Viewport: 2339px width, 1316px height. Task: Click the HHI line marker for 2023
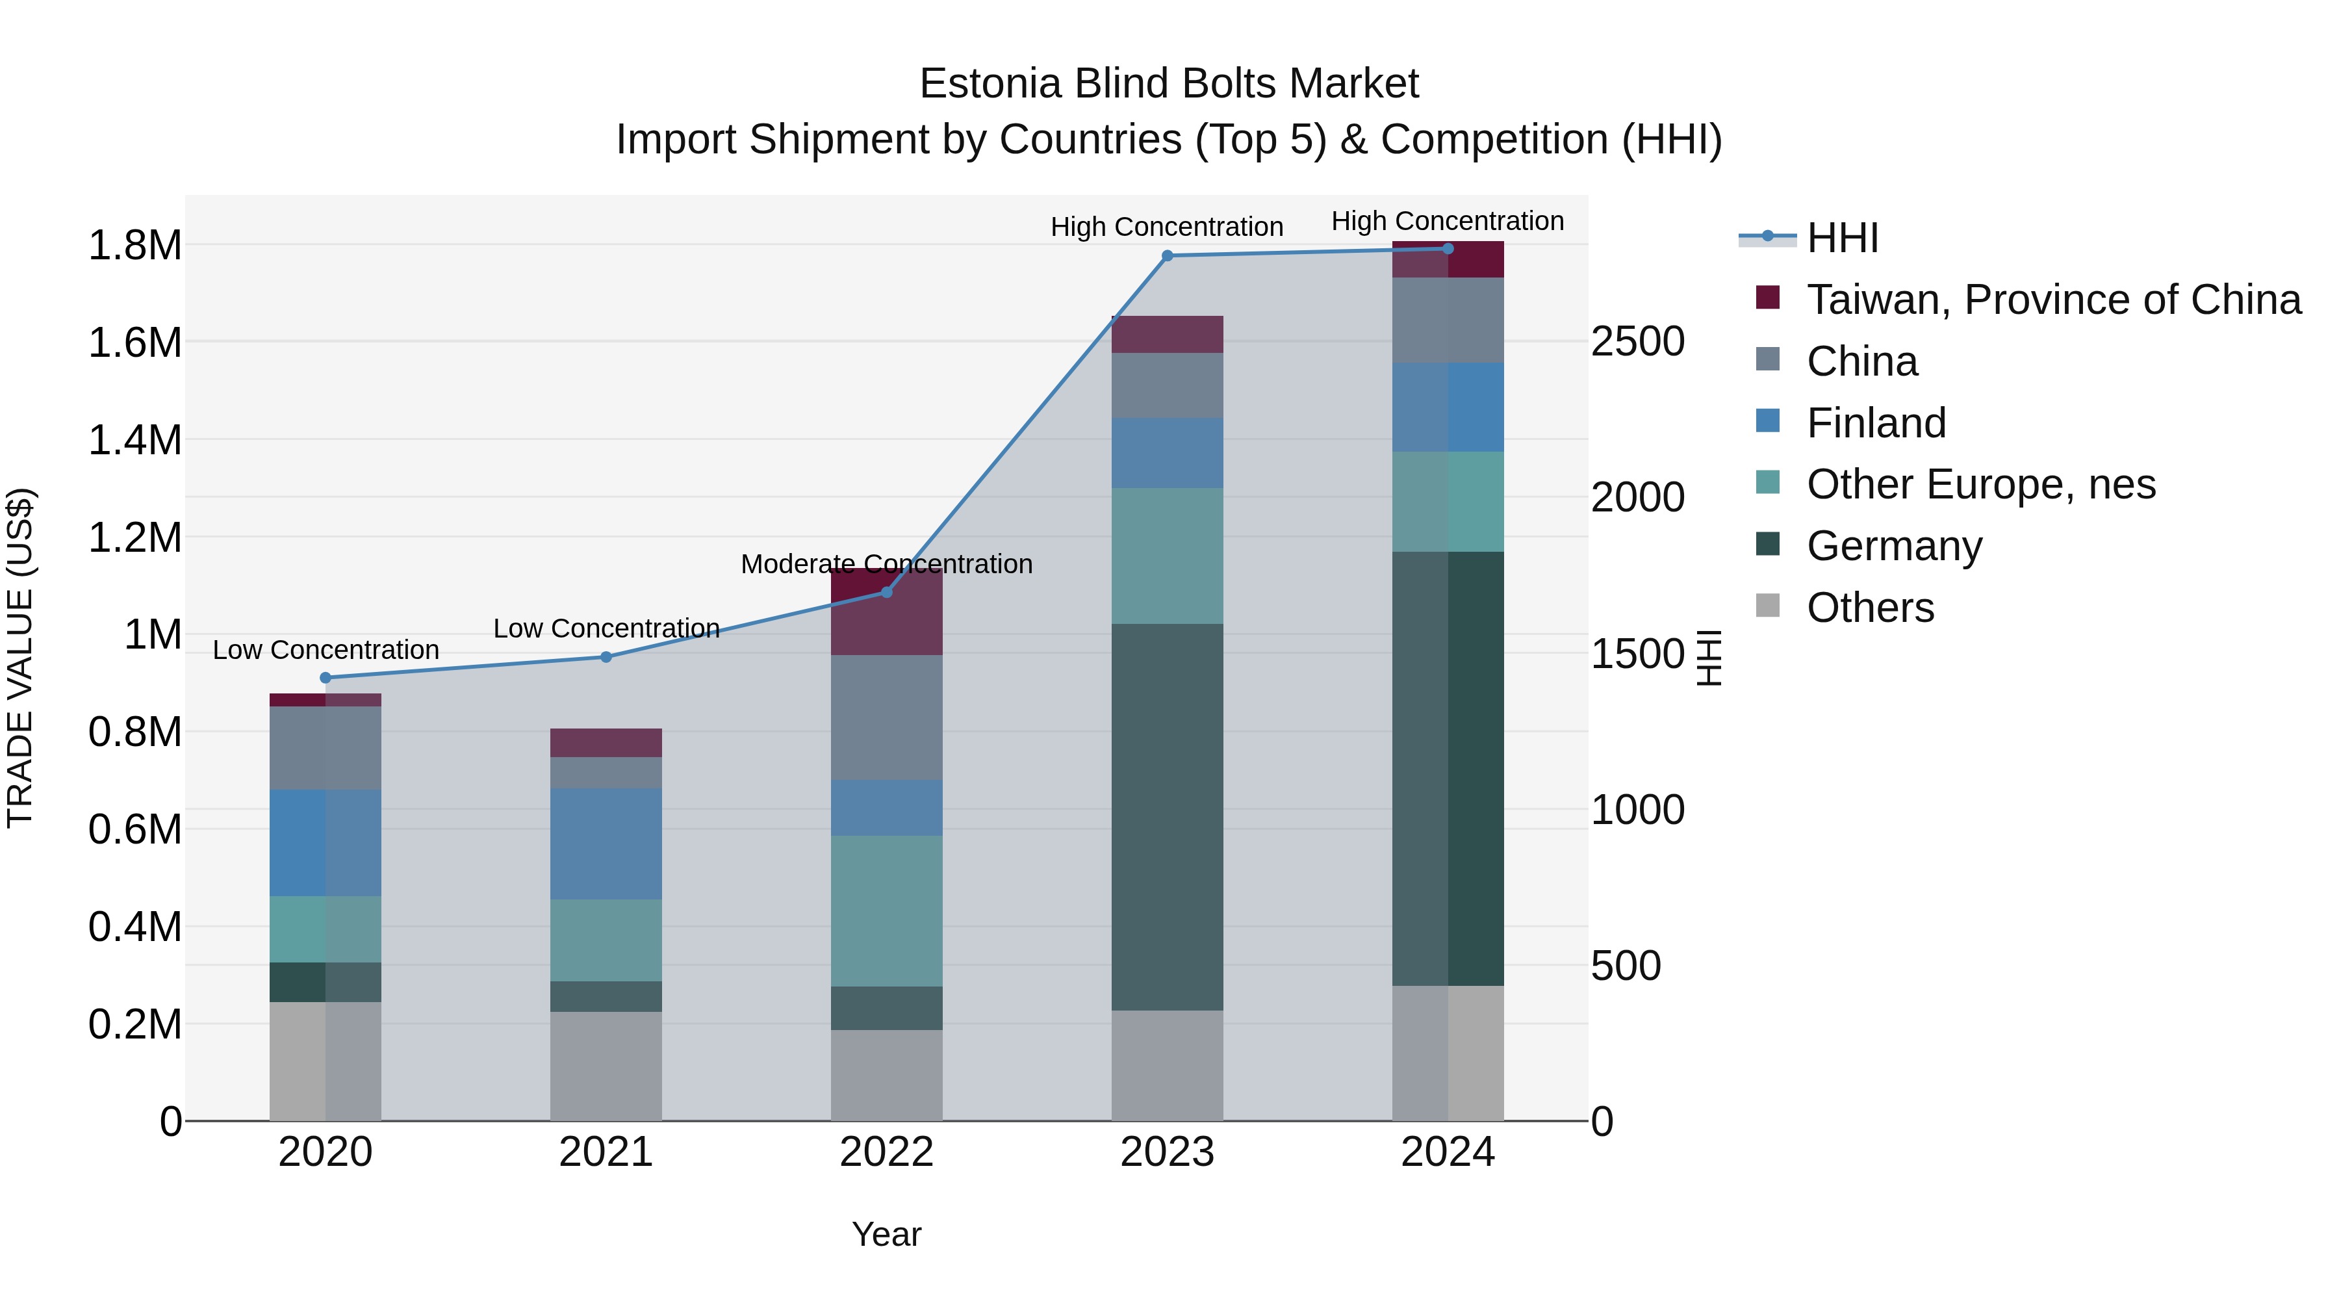tap(1167, 256)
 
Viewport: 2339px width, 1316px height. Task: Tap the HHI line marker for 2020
tap(326, 678)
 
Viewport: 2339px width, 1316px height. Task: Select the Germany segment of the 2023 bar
tap(1167, 818)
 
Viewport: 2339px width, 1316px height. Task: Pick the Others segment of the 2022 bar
tap(886, 1076)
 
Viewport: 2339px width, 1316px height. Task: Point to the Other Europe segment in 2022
tap(886, 911)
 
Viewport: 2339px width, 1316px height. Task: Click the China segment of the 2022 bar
tap(886, 717)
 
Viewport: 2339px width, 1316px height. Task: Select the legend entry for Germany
tap(1894, 546)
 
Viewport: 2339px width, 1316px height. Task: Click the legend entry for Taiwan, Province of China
tap(2053, 300)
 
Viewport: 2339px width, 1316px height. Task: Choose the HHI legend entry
tap(1841, 238)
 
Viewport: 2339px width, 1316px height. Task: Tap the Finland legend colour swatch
tap(1768, 421)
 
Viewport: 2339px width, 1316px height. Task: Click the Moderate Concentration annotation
tap(886, 564)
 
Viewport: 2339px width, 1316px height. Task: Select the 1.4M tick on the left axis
tap(134, 441)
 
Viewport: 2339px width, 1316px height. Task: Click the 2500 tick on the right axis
tap(1637, 342)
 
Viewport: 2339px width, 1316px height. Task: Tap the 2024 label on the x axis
tap(1448, 1152)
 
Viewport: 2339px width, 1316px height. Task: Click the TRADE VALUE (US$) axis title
tap(20, 658)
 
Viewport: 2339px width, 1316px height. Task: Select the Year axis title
tap(886, 1234)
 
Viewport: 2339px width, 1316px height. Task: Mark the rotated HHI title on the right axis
tap(1709, 658)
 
